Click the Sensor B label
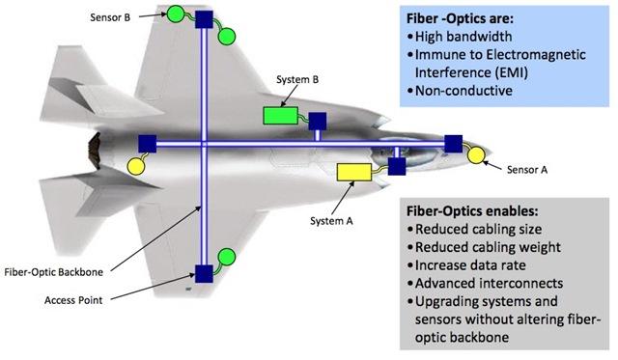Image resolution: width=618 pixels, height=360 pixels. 110,17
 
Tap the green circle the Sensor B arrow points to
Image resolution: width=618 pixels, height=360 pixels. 175,14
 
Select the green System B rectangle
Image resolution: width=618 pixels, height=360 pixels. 280,116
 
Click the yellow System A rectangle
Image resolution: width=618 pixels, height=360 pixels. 354,172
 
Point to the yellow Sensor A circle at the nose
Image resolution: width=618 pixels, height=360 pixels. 476,155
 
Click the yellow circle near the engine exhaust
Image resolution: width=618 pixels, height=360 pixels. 136,166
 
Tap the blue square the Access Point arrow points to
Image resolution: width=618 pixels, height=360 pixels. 204,274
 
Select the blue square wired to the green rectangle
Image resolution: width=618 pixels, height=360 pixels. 318,122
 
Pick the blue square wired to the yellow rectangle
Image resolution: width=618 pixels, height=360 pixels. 397,166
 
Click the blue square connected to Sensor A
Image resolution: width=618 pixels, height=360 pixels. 453,144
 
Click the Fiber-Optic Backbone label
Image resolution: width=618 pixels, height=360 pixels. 54,272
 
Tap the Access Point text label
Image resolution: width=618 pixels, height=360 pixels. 73,300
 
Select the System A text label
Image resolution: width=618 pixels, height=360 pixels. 331,221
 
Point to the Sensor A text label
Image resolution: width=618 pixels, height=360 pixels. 527,170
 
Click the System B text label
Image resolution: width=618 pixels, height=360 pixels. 297,79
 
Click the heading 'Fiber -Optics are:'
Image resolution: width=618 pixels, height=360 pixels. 460,18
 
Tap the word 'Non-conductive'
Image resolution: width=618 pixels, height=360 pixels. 463,91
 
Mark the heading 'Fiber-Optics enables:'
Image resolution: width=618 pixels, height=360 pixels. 472,211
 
